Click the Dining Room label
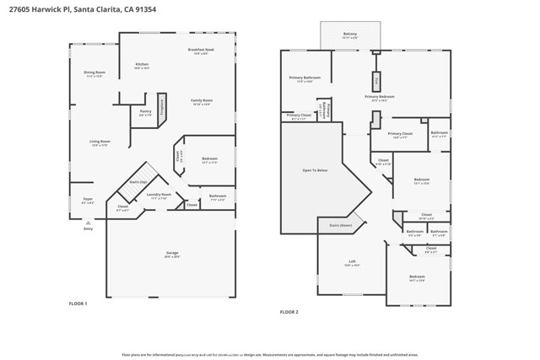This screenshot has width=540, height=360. click(94, 73)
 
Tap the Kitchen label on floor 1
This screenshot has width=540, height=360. click(142, 66)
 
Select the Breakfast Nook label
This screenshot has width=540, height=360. click(201, 51)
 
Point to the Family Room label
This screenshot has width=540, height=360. click(202, 101)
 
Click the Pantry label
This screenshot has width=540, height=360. click(145, 111)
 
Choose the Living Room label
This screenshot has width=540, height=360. click(100, 142)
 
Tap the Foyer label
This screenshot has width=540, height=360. click(87, 201)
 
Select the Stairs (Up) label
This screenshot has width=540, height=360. click(138, 182)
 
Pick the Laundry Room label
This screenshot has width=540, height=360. click(159, 196)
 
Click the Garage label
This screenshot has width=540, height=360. click(172, 254)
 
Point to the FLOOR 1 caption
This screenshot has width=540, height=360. click(78, 303)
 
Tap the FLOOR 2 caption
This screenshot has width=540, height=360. click(289, 312)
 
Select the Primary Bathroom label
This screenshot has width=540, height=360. click(301, 78)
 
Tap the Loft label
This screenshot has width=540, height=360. click(352, 262)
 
